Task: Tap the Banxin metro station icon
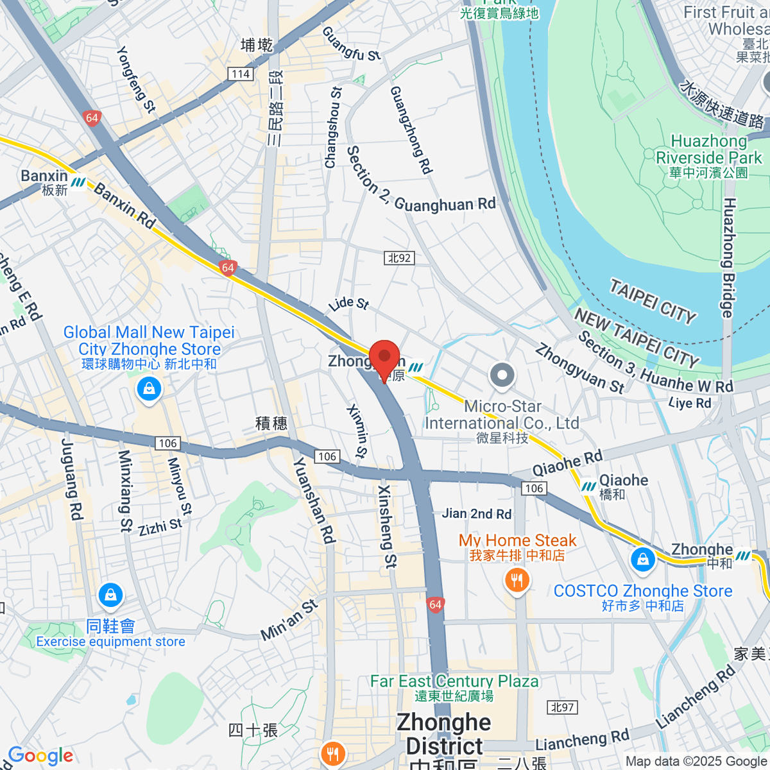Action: tap(78, 183)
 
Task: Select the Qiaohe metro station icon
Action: tap(588, 486)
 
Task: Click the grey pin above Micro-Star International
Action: tap(502, 376)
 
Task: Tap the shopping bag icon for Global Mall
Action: tap(149, 389)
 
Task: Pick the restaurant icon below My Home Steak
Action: tap(517, 581)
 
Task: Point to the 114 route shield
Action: tap(241, 74)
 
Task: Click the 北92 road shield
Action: tap(399, 258)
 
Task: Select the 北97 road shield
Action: tap(563, 707)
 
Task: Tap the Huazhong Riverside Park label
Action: tap(708, 150)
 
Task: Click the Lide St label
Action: tap(348, 303)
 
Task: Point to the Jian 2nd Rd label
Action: tap(476, 513)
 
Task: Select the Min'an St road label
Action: tap(289, 620)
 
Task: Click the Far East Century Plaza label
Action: tap(454, 681)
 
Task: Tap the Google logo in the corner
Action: tap(40, 756)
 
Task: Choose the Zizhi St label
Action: tap(160, 527)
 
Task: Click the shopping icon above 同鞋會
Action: tap(110, 595)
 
